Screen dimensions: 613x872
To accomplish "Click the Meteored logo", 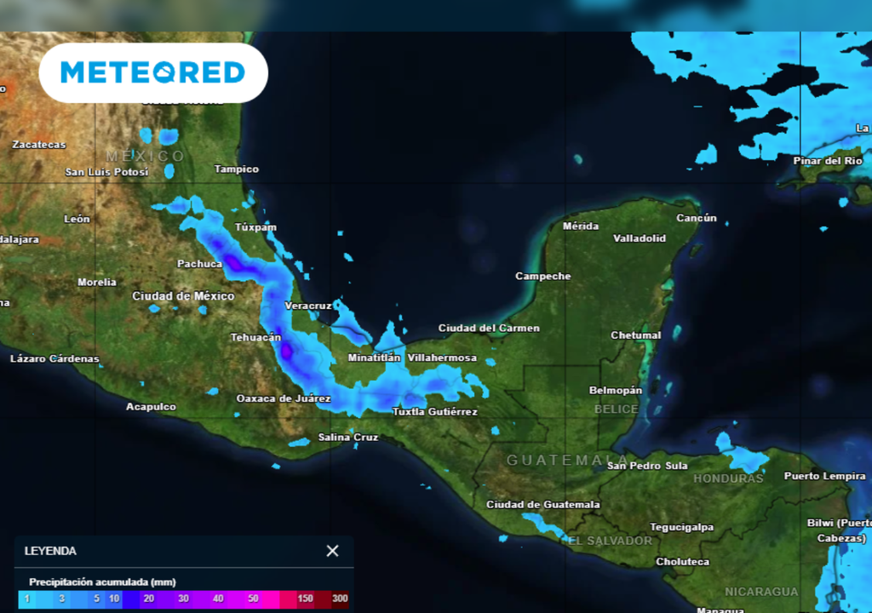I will point(153,72).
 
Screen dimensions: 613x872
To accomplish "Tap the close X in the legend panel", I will point(332,551).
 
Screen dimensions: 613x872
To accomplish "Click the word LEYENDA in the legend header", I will point(51,551).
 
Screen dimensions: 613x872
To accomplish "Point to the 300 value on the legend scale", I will point(340,599).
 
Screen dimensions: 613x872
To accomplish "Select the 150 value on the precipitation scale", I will point(305,599).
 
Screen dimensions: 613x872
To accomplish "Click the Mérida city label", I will point(581,226).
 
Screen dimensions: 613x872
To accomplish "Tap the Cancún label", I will point(697,218).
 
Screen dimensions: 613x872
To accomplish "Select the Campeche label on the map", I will point(543,277).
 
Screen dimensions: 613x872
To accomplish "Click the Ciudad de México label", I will point(183,296).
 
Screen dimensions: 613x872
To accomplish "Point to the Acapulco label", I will point(151,407).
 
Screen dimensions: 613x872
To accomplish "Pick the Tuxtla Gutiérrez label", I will point(434,412).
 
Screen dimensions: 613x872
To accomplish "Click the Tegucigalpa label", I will point(682,527).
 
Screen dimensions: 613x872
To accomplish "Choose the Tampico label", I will point(236,169).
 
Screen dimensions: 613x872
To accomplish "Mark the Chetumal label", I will point(635,335).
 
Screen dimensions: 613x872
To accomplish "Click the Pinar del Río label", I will point(828,161).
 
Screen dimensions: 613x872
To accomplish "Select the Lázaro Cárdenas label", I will point(54,358).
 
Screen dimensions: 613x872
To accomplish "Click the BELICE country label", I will point(616,410).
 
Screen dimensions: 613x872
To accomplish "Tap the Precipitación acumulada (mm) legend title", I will point(102,581).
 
